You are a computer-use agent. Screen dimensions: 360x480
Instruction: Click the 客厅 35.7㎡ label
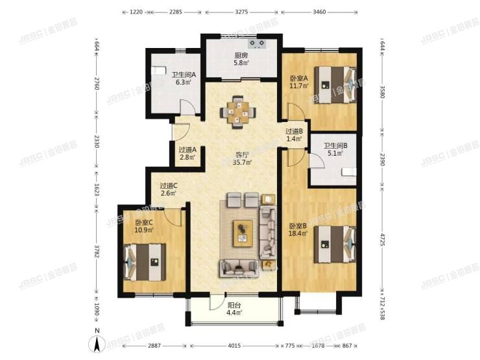(x=243, y=158)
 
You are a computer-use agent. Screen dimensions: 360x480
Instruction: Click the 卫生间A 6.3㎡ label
(x=184, y=78)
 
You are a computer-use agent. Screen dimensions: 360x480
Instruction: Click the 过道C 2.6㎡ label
(x=169, y=189)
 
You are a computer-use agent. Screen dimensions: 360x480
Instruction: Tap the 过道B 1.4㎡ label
(x=294, y=135)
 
